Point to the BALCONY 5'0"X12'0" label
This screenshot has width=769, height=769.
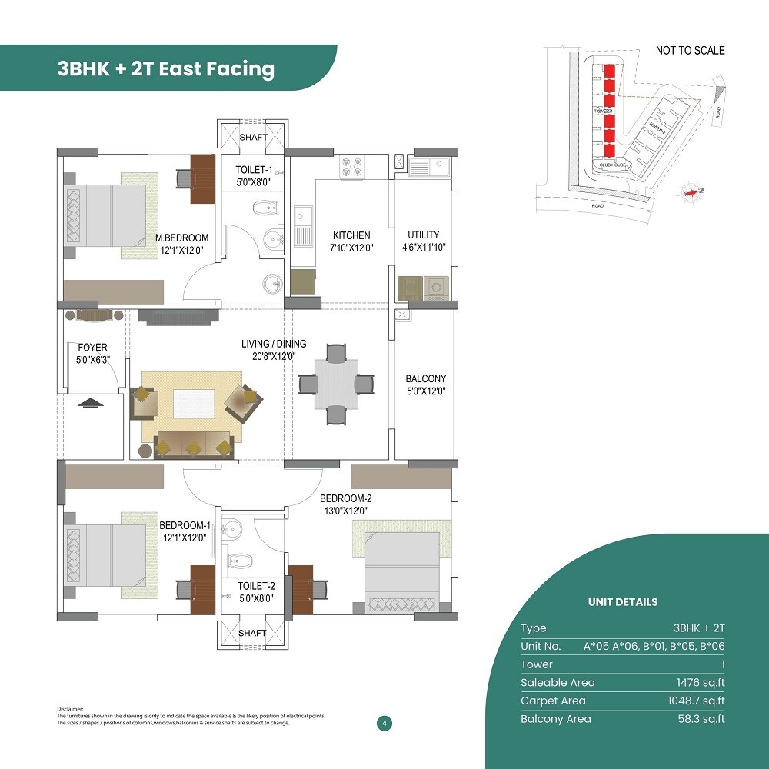pos(426,384)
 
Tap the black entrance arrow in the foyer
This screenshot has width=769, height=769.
pos(91,403)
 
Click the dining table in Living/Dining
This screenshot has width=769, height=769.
pos(336,384)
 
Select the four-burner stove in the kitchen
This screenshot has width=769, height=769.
pos(353,168)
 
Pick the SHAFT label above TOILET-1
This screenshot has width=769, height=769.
pos(253,138)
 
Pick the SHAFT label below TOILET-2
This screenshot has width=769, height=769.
pos(252,633)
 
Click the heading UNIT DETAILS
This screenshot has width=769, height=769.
pos(623,602)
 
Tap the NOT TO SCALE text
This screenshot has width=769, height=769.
pos(690,51)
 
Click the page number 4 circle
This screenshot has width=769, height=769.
pos(383,723)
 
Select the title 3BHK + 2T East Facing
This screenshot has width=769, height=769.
pos(165,69)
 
